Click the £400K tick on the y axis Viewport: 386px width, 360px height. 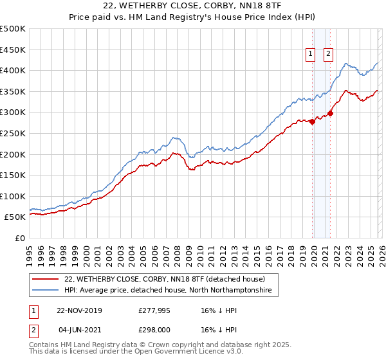point(13,70)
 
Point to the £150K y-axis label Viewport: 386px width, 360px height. point(13,175)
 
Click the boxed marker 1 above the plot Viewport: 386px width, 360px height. point(311,55)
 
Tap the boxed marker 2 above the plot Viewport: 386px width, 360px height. point(328,55)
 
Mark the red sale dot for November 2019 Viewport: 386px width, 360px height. point(313,122)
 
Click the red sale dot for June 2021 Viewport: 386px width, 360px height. point(330,113)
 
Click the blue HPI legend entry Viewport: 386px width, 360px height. point(167,291)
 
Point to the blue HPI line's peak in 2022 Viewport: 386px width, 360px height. point(346,64)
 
